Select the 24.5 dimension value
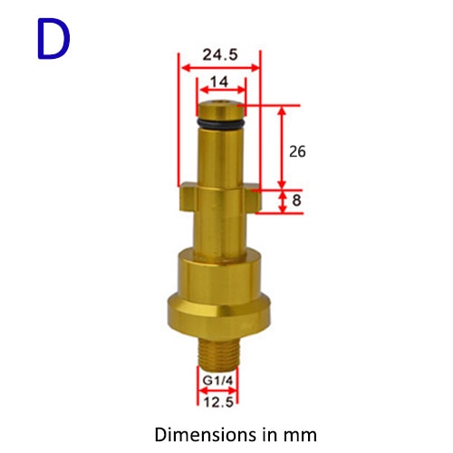tap(220, 53)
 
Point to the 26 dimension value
tap(296, 151)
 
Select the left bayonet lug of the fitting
tap(188, 195)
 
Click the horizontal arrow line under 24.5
tap(220, 66)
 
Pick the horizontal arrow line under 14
tap(221, 92)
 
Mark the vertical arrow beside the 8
tap(281, 202)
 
